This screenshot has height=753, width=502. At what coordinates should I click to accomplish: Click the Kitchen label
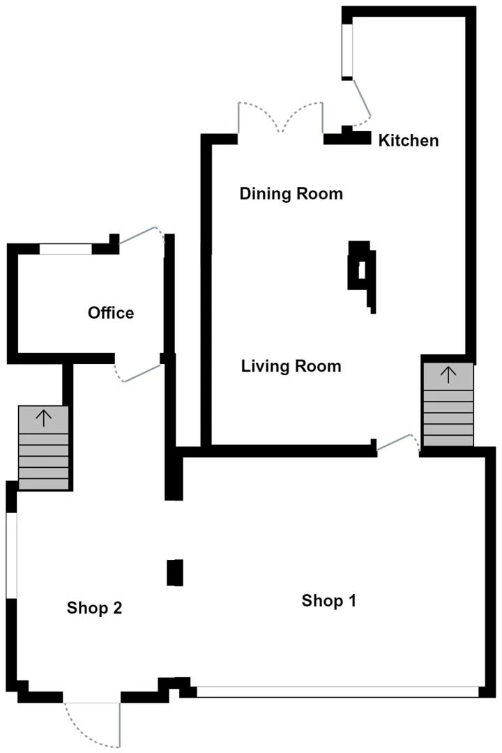pyautogui.click(x=409, y=140)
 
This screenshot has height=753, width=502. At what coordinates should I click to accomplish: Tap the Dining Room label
pyautogui.click(x=291, y=193)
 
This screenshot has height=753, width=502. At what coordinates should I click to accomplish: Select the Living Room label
pyautogui.click(x=291, y=365)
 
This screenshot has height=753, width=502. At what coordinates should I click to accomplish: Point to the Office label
pyautogui.click(x=111, y=312)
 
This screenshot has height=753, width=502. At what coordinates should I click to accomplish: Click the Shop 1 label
pyautogui.click(x=328, y=600)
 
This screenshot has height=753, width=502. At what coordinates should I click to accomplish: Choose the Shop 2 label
pyautogui.click(x=95, y=607)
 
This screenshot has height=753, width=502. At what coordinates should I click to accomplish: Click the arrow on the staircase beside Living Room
pyautogui.click(x=448, y=375)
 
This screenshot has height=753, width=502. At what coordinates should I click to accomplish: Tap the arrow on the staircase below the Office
pyautogui.click(x=44, y=418)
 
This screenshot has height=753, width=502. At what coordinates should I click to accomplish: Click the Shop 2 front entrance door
pyautogui.click(x=92, y=718)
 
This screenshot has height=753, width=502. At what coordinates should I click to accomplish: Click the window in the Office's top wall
pyautogui.click(x=66, y=249)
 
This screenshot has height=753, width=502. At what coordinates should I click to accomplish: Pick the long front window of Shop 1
pyautogui.click(x=337, y=692)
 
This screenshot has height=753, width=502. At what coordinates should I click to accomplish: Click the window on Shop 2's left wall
pyautogui.click(x=11, y=555)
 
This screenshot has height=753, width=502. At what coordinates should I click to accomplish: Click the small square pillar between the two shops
pyautogui.click(x=174, y=572)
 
